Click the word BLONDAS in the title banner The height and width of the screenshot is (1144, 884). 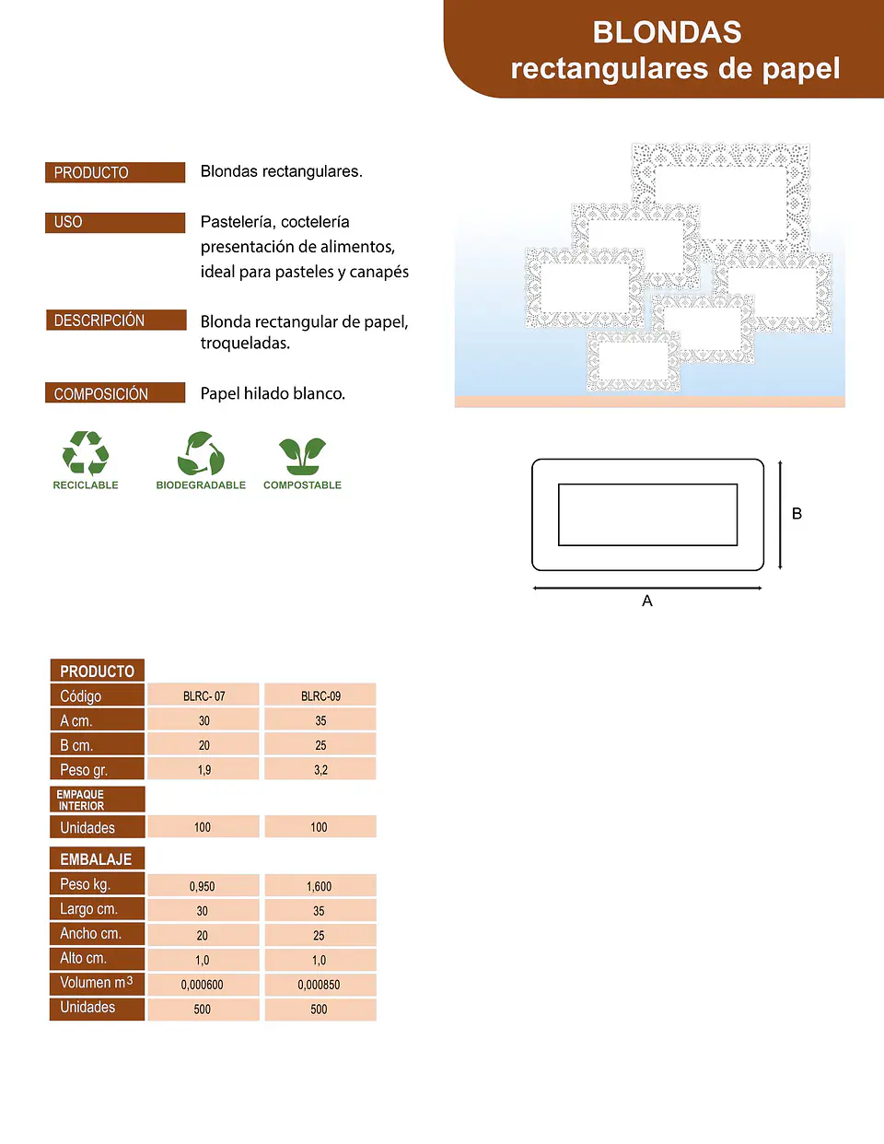click(667, 32)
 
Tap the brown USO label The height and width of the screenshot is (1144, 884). click(115, 223)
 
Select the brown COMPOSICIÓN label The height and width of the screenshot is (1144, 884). click(115, 392)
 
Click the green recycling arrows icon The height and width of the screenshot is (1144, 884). click(86, 452)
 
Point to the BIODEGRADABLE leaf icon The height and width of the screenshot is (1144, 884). click(201, 453)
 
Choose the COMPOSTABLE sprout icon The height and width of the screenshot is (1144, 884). click(302, 456)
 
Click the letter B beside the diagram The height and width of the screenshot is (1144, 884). click(797, 514)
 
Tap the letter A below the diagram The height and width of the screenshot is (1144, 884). click(647, 601)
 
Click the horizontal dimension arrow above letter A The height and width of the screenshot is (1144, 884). click(647, 588)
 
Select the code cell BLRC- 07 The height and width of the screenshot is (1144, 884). click(204, 695)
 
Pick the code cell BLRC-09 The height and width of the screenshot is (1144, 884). click(320, 695)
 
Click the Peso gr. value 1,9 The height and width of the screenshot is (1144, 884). click(204, 770)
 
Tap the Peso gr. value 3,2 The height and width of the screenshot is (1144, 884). click(320, 770)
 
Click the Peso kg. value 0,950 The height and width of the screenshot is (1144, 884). click(203, 886)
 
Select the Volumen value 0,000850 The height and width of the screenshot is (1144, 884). click(320, 985)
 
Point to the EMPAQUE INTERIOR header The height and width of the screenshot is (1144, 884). click(98, 800)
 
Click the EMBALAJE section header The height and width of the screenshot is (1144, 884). click(97, 859)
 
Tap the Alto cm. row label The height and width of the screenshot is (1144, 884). click(97, 958)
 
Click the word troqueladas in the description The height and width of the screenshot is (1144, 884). click(245, 344)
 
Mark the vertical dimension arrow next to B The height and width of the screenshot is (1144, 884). click(780, 515)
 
